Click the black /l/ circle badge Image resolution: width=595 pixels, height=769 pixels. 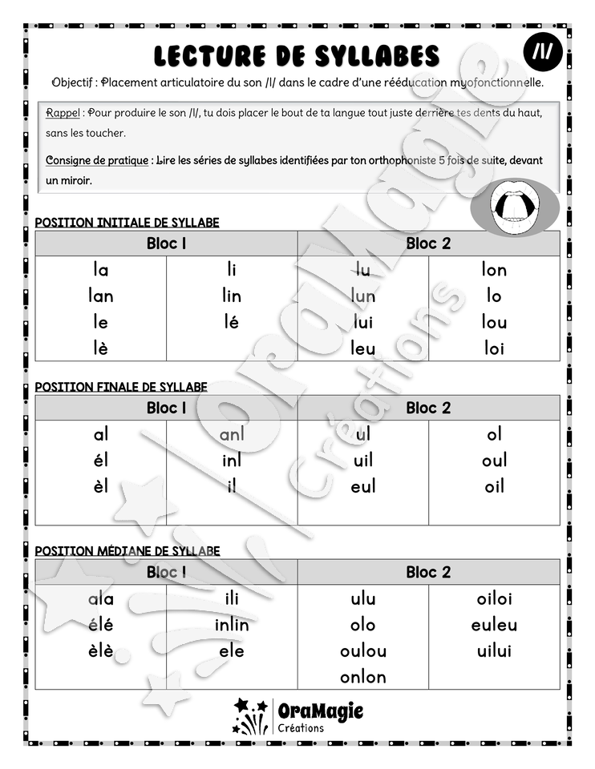point(542,54)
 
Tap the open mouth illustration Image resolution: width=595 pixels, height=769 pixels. point(512,208)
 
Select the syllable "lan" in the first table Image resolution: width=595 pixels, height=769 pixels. point(101,296)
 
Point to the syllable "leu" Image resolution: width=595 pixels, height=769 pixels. point(363,348)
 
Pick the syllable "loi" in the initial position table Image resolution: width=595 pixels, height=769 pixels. point(494,348)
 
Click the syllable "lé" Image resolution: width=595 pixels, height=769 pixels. point(232,322)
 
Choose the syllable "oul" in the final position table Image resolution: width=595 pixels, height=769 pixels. point(494,461)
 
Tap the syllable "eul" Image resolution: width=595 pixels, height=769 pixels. point(363,486)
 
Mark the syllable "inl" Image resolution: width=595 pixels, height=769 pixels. point(232,461)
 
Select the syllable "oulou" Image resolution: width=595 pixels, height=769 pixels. point(363,651)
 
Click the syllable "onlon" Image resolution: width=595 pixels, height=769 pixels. point(363,677)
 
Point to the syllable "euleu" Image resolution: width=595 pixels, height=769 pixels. point(494,625)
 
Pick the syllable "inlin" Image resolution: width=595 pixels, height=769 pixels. point(232,625)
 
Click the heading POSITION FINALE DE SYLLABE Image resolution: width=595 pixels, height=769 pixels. point(121,387)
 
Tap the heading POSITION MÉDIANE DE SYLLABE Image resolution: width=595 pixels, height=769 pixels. point(127,551)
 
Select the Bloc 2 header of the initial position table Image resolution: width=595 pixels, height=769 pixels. point(428,244)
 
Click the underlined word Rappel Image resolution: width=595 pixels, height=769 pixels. point(63,112)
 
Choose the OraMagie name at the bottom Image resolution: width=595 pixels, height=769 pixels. point(320,710)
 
